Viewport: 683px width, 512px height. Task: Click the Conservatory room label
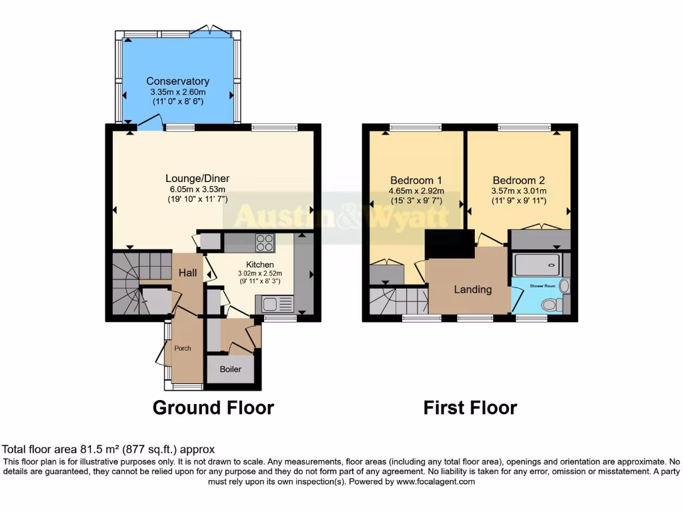coord(177,81)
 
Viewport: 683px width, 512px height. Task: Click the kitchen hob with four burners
coord(265,243)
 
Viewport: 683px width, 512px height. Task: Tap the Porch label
coord(183,348)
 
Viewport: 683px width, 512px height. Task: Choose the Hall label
coord(187,273)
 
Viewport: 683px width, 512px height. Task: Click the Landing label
coord(473,289)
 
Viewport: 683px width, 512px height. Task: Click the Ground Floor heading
coord(213,407)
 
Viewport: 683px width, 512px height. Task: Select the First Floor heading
coord(470,407)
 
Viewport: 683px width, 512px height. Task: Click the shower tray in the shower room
coord(536,265)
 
